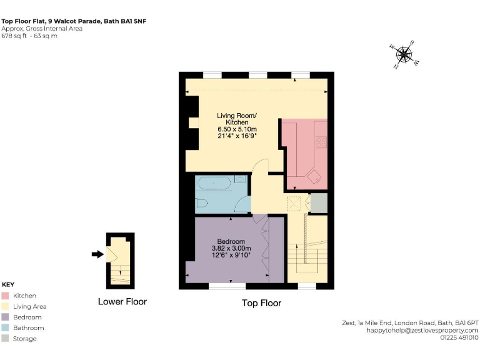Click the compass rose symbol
click(404, 55)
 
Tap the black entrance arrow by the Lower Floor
click(97, 254)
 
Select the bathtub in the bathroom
click(214, 184)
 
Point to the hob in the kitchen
click(321, 142)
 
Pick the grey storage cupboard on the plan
click(319, 203)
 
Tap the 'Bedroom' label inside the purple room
click(231, 242)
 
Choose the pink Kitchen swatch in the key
click(6, 296)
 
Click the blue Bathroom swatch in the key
click(6, 327)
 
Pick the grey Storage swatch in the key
click(6, 339)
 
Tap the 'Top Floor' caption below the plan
click(261, 303)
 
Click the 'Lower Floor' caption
click(122, 302)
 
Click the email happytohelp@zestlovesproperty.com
click(422, 330)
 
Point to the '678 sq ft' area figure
click(14, 36)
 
